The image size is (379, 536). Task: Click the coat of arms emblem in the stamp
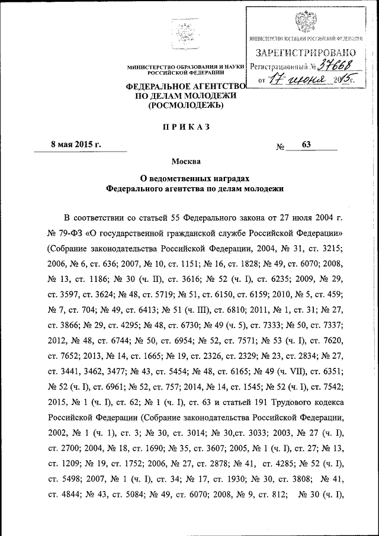coord(307,22)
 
